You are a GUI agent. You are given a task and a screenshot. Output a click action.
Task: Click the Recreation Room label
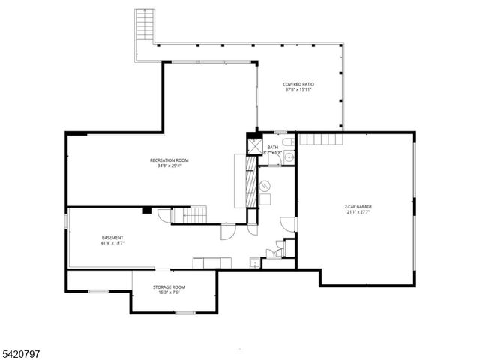(169, 160)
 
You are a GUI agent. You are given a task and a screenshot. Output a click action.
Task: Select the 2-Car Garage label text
(358, 206)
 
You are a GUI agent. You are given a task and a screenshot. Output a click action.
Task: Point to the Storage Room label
(169, 286)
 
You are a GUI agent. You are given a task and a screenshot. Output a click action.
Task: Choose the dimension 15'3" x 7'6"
(169, 292)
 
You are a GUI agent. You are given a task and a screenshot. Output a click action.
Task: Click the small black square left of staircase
(147, 210)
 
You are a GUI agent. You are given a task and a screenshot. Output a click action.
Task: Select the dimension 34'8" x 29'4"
(169, 166)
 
